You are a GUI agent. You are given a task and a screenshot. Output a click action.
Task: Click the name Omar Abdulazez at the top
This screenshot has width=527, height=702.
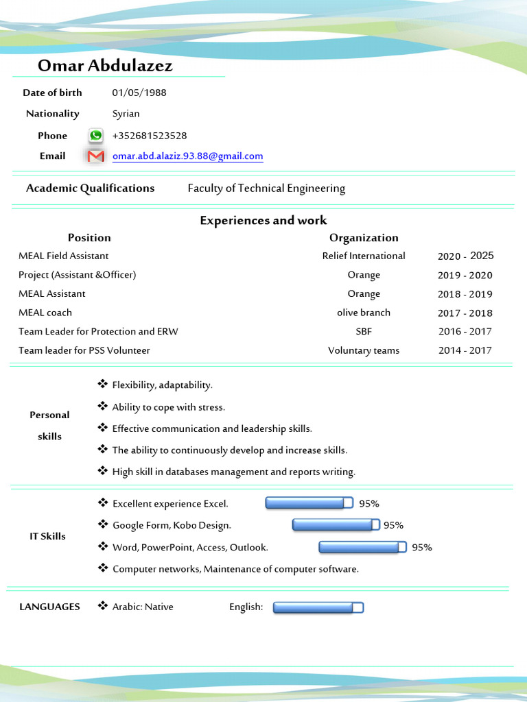click(105, 66)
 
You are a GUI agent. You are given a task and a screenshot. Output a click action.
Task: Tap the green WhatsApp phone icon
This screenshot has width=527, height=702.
click(95, 136)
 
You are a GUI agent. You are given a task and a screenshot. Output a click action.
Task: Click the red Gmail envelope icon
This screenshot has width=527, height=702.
click(96, 156)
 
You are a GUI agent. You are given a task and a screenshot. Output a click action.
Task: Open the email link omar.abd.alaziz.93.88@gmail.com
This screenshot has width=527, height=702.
click(187, 156)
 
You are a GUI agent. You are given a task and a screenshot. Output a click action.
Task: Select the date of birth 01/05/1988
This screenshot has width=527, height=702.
click(139, 93)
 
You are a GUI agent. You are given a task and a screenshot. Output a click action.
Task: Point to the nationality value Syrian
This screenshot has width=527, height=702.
click(126, 114)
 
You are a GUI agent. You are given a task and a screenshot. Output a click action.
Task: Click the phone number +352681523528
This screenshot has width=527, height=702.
click(149, 136)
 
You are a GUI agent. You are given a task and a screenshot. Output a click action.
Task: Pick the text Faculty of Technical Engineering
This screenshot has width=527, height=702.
click(266, 189)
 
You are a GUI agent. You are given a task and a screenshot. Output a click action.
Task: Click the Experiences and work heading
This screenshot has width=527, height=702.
click(263, 220)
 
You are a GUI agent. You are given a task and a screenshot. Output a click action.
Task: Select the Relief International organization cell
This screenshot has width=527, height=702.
click(364, 256)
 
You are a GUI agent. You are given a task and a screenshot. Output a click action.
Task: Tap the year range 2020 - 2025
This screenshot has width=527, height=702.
click(465, 256)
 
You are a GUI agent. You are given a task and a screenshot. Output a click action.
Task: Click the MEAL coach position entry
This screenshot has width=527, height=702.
click(45, 313)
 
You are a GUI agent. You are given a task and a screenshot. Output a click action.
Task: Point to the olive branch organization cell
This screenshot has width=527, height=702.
click(364, 313)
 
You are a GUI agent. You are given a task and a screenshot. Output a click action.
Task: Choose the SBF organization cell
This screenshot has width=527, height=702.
click(364, 331)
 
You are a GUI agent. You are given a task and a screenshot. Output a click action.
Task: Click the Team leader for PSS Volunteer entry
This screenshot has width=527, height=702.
click(84, 350)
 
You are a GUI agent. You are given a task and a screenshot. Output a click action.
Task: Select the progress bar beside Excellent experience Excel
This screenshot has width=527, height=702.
click(309, 504)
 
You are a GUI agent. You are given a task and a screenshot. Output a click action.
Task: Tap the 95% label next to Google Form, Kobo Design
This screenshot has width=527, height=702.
click(393, 526)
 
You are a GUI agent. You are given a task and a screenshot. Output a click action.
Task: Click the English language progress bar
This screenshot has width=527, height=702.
click(318, 607)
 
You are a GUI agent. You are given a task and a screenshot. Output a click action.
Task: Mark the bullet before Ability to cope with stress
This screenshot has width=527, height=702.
click(103, 407)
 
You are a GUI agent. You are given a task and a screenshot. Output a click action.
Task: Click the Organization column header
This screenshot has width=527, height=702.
click(364, 238)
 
